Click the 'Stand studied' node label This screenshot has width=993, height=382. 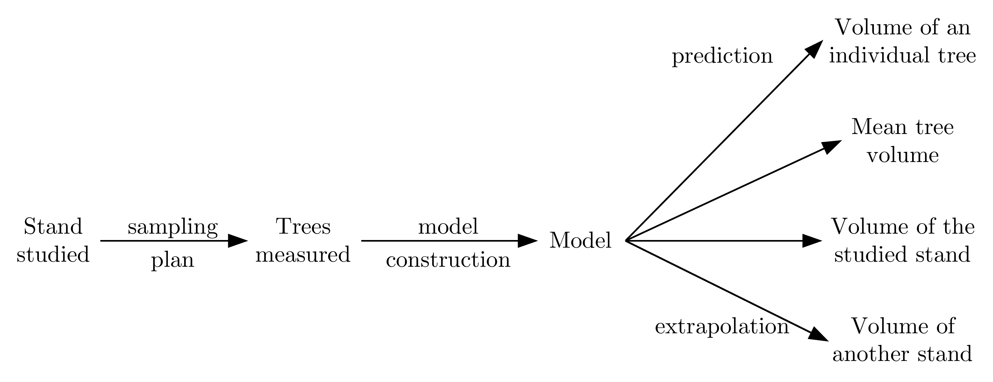(x=53, y=240)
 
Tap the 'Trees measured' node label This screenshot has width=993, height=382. (x=303, y=240)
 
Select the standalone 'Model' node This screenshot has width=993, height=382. (x=580, y=241)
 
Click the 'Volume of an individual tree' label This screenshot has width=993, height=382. (x=903, y=42)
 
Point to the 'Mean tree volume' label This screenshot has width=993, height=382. (x=903, y=141)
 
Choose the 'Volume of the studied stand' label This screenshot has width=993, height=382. (x=903, y=240)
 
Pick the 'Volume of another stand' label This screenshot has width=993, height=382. (x=903, y=340)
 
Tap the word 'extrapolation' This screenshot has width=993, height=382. (x=722, y=327)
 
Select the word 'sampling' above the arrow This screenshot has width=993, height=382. (x=173, y=228)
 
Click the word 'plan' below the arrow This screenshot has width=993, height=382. (x=172, y=261)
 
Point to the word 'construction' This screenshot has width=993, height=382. (x=448, y=260)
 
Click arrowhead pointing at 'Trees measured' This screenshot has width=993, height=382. (x=237, y=241)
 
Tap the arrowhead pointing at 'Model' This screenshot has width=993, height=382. (x=527, y=241)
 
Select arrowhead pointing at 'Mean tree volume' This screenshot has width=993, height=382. (x=831, y=147)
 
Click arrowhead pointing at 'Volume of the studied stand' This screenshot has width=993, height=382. (x=811, y=241)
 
